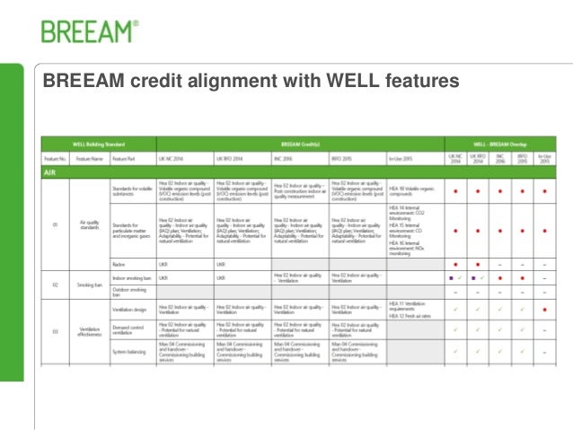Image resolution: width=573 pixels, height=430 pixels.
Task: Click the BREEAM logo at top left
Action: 89,31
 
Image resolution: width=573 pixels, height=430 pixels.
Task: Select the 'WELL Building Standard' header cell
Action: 99,144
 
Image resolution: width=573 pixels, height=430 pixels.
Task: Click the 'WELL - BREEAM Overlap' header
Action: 500,144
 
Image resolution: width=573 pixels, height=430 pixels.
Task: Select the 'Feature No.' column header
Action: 55,157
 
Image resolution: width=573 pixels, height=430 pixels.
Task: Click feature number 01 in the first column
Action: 55,225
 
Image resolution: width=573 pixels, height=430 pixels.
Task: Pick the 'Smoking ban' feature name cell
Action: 89,285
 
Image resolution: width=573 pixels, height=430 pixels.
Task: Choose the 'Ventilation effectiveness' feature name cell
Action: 89,331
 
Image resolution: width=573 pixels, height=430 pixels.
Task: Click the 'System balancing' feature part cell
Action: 127,351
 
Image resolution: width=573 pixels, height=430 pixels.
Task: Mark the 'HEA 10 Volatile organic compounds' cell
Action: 414,190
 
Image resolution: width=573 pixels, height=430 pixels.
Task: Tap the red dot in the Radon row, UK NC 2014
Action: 455,265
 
